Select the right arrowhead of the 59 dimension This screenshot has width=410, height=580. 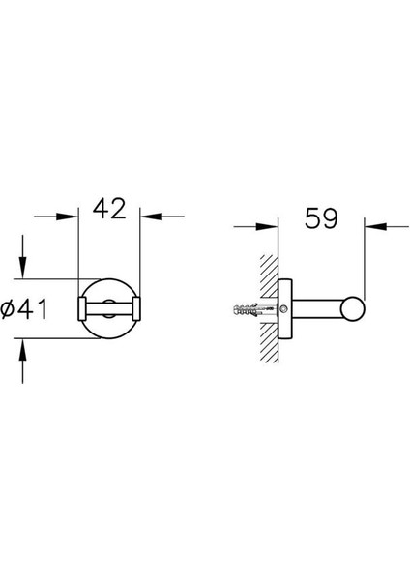[374, 228]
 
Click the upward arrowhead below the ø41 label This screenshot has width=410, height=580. [23, 347]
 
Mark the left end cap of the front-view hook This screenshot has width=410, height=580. [82, 308]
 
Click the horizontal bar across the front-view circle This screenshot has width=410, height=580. [109, 308]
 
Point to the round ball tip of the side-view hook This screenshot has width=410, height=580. [357, 308]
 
